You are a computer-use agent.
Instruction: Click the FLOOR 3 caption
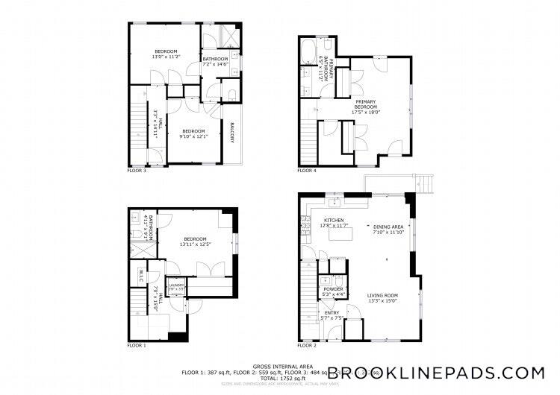[137, 171]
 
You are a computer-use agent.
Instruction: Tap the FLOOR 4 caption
[307, 171]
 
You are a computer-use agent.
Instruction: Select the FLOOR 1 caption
[137, 346]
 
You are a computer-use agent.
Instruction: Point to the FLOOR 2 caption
[307, 346]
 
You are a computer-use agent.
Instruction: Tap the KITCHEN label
[333, 220]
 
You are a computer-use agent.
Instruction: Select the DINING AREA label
[388, 227]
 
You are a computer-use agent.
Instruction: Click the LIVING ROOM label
[382, 295]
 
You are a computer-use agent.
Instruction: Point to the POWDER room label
[333, 288]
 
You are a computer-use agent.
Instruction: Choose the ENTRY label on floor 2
[332, 313]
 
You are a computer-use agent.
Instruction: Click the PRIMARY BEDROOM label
[366, 104]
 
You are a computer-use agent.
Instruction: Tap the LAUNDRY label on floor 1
[177, 285]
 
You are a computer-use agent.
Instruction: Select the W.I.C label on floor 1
[140, 275]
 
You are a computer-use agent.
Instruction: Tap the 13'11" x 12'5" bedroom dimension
[196, 244]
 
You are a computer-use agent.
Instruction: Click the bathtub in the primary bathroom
[308, 53]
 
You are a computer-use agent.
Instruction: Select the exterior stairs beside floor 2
[424, 181]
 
